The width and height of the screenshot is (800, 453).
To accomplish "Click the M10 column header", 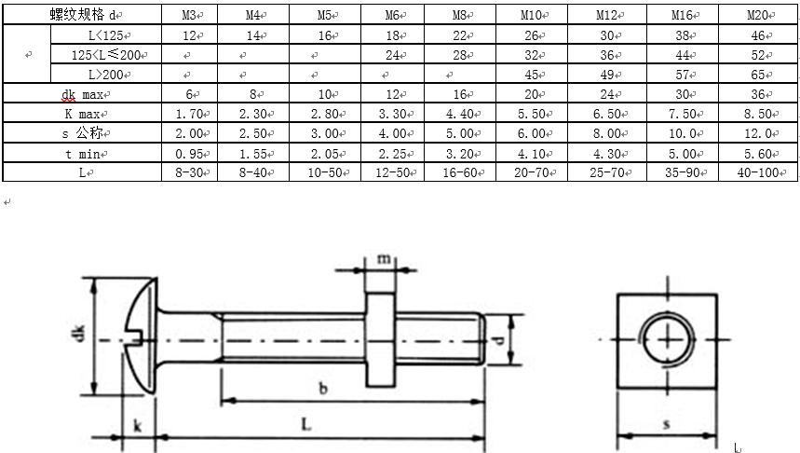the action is tap(532, 15).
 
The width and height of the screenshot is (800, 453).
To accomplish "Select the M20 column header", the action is tap(758, 15).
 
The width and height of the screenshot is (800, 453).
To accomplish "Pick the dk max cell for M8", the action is tap(460, 94).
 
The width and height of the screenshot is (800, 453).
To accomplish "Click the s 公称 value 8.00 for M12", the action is tap(607, 134).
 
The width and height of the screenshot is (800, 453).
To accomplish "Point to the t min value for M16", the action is tap(683, 154).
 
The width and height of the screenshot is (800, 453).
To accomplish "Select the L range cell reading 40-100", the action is tap(758, 172).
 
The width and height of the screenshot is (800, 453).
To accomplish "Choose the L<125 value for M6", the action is tap(393, 35).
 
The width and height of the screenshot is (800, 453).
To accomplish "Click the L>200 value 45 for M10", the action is tap(532, 75).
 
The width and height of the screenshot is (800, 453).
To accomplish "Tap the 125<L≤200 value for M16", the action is tap(683, 55).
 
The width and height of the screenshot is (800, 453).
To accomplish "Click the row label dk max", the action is tap(83, 94).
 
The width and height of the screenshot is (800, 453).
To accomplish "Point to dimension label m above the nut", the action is tap(384, 259).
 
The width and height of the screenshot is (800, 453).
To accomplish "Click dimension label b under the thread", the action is tap(323, 389).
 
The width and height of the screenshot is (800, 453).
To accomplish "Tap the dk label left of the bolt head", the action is tap(80, 334).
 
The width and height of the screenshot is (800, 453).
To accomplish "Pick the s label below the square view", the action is tap(666, 424).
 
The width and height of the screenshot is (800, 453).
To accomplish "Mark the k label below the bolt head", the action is tap(137, 425).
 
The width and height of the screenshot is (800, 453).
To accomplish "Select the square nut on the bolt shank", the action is tap(380, 339).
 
